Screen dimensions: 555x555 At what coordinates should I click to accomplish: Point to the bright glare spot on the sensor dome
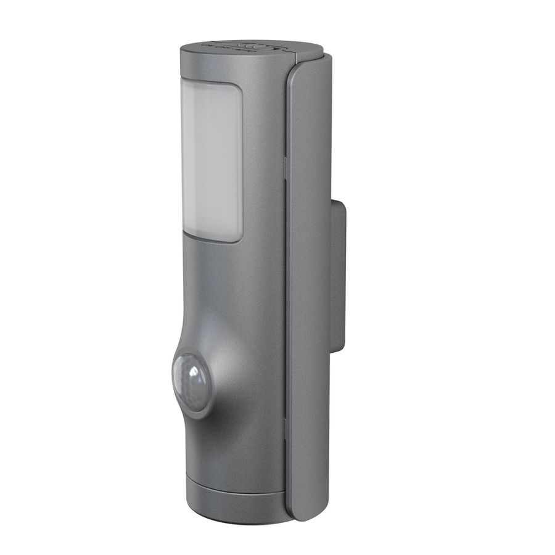coord(194,374)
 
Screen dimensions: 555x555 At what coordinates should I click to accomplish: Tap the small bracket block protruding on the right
coord(337,274)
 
